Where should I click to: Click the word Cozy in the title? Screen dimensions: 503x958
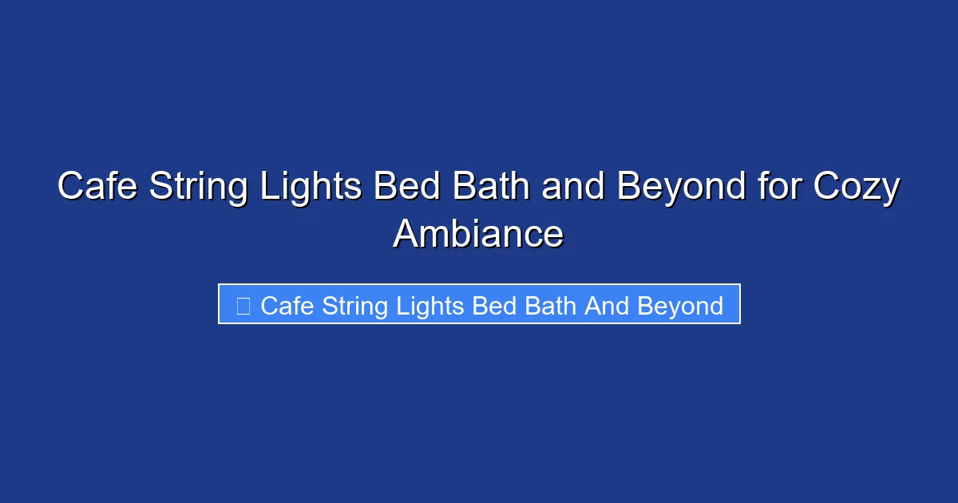point(857,188)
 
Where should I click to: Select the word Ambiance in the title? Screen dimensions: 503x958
point(478,234)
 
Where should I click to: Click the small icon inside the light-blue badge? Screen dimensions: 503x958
point(243,306)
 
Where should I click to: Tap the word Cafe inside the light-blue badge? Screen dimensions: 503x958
point(287,306)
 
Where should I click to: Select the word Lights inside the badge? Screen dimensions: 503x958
point(432,306)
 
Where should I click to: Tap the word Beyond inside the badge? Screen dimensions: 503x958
point(680,306)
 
